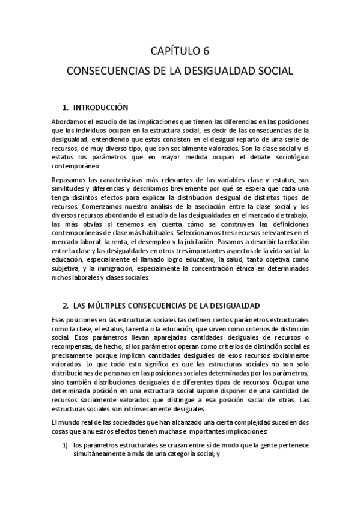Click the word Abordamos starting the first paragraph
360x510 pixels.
[69, 121]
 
